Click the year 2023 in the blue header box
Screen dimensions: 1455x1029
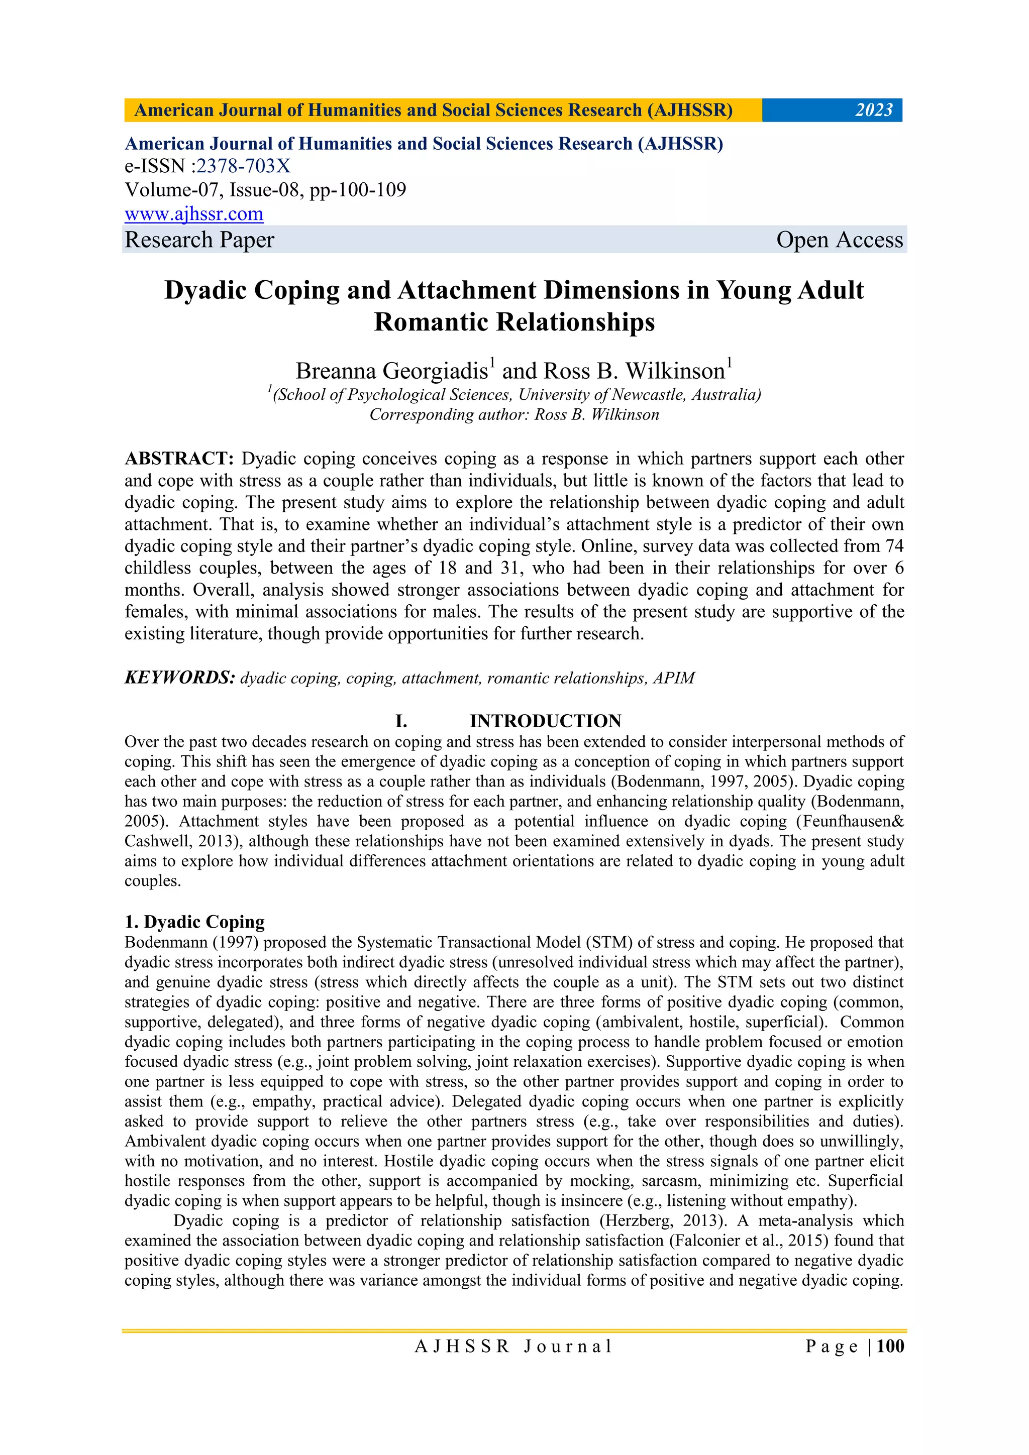pyautogui.click(x=873, y=110)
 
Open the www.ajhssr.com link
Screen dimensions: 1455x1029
pyautogui.click(x=194, y=214)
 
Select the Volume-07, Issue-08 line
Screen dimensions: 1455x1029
pyautogui.click(x=265, y=190)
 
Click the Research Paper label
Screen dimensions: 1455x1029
pyautogui.click(x=199, y=240)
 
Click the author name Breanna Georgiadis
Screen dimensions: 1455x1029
pyautogui.click(x=391, y=371)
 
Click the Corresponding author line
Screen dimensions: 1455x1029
pyautogui.click(x=514, y=414)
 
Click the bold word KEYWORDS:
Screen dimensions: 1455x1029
pyautogui.click(x=179, y=678)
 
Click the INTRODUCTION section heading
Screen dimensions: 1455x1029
pyautogui.click(x=545, y=721)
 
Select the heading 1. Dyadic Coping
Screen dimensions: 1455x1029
pyautogui.click(x=194, y=922)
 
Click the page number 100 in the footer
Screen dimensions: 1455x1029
pyautogui.click(x=890, y=1346)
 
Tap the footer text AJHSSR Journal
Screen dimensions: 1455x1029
pyautogui.click(x=513, y=1347)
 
